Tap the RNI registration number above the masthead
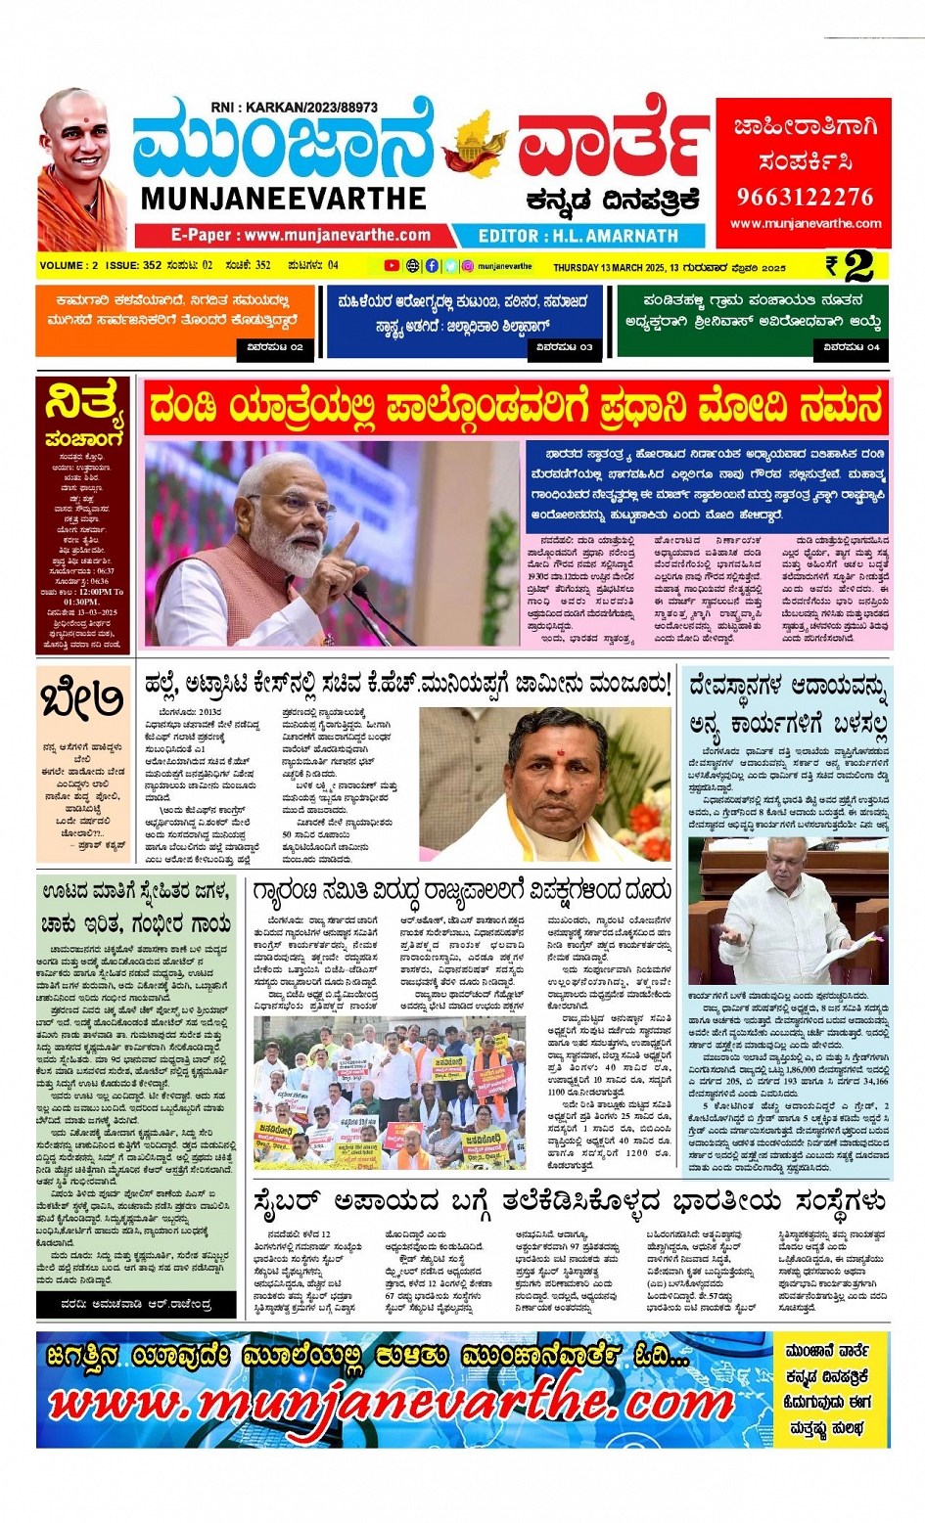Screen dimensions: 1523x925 click(x=294, y=107)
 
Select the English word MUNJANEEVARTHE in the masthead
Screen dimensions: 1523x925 click(x=283, y=199)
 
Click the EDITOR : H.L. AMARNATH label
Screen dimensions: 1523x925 click(x=578, y=236)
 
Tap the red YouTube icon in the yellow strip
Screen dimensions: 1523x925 click(x=392, y=266)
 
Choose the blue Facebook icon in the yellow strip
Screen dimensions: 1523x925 click(x=432, y=266)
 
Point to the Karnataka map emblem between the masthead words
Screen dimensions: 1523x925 click(x=475, y=147)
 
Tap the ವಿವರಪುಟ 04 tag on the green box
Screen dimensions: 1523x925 click(x=851, y=347)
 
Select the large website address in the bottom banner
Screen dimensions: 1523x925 click(x=392, y=1404)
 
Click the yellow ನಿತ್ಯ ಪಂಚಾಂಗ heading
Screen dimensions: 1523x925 click(x=85, y=413)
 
